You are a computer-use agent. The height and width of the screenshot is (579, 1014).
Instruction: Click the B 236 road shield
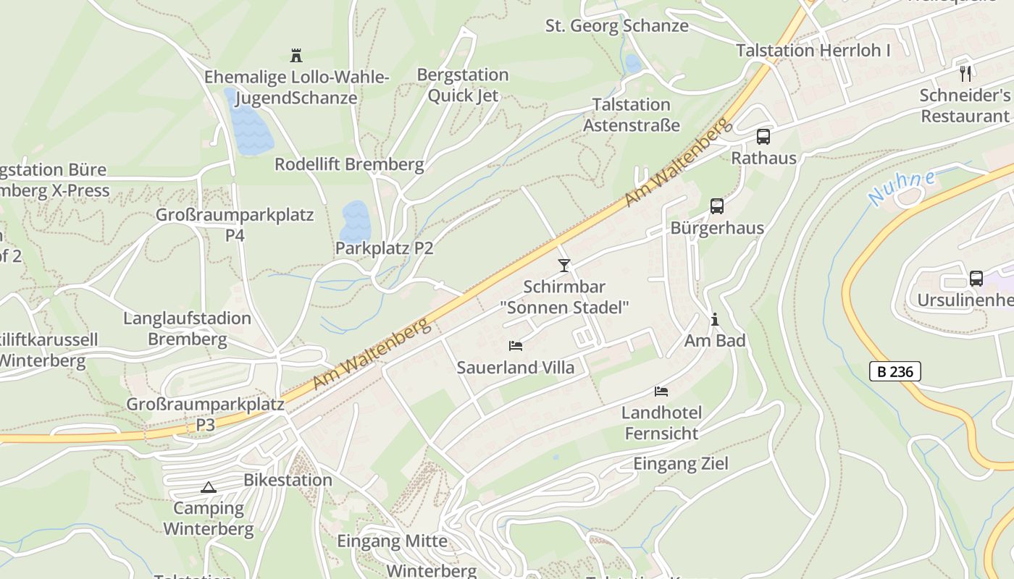(x=894, y=372)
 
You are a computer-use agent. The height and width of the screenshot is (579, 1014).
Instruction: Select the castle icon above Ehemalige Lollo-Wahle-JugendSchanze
(x=296, y=55)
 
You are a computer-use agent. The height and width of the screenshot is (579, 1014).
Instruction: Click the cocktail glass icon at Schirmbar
(x=564, y=265)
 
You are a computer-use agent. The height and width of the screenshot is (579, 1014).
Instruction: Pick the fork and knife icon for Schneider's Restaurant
(x=965, y=73)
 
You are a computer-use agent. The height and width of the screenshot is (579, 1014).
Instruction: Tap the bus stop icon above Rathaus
(x=763, y=136)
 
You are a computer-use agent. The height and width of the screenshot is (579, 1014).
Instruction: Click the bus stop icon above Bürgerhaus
(x=716, y=206)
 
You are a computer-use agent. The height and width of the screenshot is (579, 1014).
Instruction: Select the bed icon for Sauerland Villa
(x=516, y=346)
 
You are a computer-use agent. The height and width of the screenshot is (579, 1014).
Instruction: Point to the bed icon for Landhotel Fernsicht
(x=661, y=392)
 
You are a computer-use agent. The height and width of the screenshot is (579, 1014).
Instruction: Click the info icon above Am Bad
(x=715, y=319)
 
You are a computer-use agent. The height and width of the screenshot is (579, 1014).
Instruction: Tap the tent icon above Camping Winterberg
(x=209, y=487)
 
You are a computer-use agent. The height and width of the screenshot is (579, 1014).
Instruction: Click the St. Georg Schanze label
(x=616, y=26)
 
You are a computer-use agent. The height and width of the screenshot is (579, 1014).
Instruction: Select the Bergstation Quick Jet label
(x=462, y=85)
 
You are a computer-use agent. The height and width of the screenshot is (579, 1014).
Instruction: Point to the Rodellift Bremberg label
(x=348, y=164)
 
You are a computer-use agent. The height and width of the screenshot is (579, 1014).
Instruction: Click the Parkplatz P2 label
(x=384, y=248)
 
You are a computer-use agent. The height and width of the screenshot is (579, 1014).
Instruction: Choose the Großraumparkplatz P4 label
(x=235, y=224)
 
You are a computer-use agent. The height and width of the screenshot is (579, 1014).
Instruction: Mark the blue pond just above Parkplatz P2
(x=355, y=220)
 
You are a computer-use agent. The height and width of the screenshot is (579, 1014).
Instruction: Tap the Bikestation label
(x=288, y=480)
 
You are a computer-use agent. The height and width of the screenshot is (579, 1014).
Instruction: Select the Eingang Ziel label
(x=680, y=463)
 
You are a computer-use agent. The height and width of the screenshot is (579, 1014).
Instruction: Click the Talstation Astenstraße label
(x=631, y=114)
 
